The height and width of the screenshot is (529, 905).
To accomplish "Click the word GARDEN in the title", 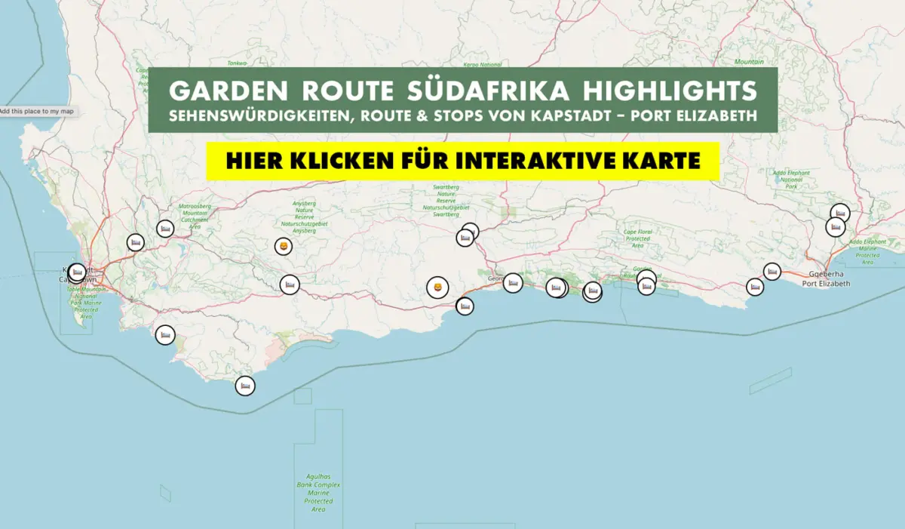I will click(228, 91).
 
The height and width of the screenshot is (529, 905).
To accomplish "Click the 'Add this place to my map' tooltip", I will click(37, 112).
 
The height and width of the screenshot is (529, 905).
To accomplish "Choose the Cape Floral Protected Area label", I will click(637, 238).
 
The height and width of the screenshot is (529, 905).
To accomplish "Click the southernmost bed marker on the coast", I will click(244, 386).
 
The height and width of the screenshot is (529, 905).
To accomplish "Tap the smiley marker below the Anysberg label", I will click(283, 246).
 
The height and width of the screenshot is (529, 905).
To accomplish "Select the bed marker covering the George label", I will click(512, 283).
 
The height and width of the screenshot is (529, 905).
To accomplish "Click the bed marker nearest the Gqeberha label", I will click(772, 271).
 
